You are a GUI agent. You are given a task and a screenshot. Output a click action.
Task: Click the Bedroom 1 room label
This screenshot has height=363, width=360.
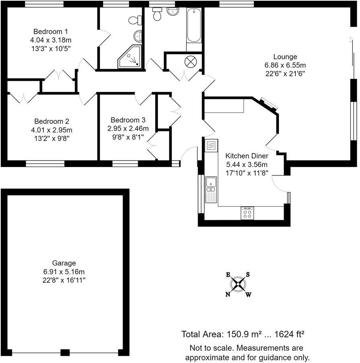(51, 31)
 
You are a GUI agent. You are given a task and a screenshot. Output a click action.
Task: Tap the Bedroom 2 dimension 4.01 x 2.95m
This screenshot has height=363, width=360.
(52, 130)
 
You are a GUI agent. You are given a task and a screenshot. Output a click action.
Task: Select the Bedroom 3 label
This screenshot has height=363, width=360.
(128, 120)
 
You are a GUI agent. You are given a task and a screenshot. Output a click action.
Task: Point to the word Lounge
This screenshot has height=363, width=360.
(285, 57)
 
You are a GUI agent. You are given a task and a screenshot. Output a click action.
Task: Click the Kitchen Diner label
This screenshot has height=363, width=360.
(247, 156)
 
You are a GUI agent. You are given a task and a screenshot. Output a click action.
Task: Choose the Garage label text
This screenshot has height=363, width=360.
(64, 263)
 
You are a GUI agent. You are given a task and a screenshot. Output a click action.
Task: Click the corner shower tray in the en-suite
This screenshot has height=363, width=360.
(130, 57)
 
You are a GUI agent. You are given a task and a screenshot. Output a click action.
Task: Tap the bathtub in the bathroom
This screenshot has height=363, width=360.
(194, 25)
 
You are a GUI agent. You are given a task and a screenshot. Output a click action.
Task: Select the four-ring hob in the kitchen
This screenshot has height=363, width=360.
(247, 213)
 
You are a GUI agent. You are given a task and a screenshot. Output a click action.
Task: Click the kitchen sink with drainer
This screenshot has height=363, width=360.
(211, 190)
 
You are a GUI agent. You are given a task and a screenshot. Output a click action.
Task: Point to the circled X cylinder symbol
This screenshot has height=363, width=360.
(191, 62)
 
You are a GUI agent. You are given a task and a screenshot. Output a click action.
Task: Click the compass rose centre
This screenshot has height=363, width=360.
(238, 284)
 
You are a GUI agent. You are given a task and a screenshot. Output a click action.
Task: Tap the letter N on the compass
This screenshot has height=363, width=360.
(228, 294)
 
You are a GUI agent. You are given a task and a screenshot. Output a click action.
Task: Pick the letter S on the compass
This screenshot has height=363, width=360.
(248, 275)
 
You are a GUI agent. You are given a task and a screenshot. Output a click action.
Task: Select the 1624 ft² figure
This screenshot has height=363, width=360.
(289, 334)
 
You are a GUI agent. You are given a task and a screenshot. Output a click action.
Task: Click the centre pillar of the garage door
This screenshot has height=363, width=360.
(65, 353)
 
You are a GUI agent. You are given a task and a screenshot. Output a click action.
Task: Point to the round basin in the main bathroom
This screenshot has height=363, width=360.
(173, 12)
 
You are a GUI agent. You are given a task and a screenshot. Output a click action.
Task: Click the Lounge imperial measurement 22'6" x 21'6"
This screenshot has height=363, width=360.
(285, 74)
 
